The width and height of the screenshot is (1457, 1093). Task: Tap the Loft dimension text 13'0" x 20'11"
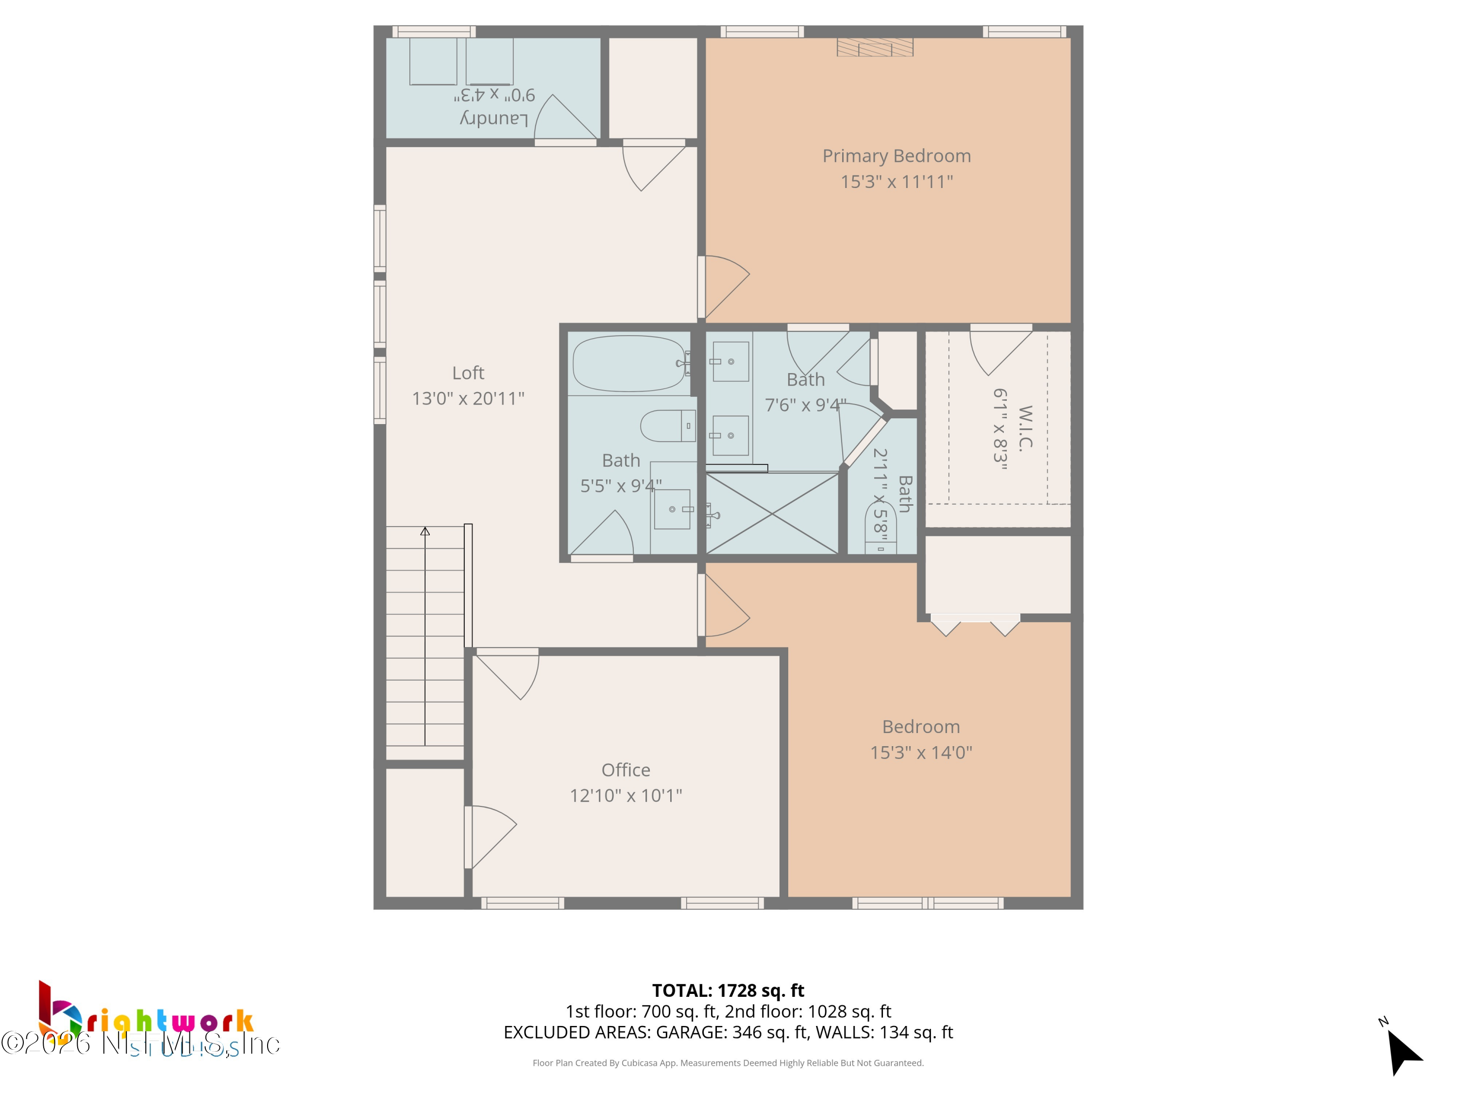click(468, 398)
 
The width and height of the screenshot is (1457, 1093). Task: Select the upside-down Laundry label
click(493, 119)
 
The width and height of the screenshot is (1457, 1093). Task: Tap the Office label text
click(625, 769)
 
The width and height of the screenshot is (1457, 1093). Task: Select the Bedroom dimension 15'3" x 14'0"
click(920, 752)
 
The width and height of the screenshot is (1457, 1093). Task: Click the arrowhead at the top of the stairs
click(425, 531)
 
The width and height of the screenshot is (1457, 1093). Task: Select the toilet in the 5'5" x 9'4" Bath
click(667, 426)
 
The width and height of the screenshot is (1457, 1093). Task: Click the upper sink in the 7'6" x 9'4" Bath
click(730, 362)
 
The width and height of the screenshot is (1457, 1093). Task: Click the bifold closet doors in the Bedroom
click(975, 625)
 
